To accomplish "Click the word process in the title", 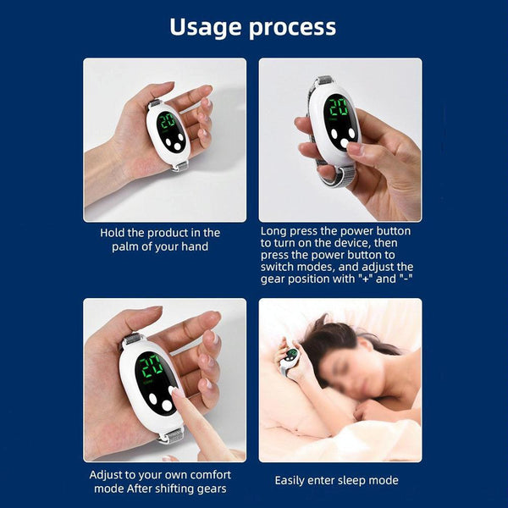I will tap(292, 28).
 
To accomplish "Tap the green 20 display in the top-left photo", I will tap(167, 120).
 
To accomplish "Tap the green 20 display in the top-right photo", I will tap(339, 108).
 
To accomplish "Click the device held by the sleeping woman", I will tap(291, 356).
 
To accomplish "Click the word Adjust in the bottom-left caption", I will tap(108, 474).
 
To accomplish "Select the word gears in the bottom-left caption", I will tap(210, 489).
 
